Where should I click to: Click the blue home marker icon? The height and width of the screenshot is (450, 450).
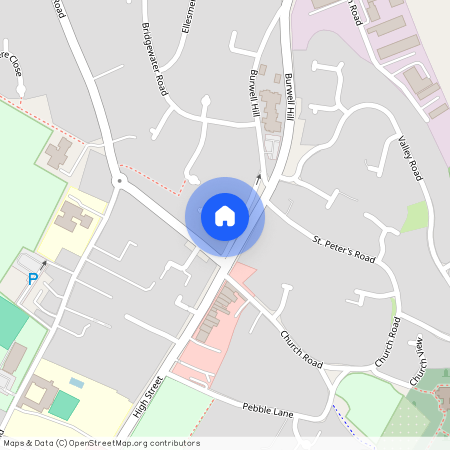225,216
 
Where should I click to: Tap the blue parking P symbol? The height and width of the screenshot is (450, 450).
32,279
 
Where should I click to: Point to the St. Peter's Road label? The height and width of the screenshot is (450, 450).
343,250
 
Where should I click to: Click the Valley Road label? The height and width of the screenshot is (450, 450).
411,159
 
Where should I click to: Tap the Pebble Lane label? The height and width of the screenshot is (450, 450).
269,411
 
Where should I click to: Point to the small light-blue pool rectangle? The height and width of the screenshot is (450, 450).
77,382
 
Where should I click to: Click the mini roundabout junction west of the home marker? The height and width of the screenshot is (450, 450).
119,181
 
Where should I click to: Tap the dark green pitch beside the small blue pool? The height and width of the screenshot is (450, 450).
63,404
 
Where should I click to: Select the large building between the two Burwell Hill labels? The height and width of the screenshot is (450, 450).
271,111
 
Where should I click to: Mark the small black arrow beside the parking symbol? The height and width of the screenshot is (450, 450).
43,264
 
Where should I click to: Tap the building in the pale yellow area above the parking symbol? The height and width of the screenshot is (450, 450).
72,216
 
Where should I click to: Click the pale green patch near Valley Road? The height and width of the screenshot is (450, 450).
415,217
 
